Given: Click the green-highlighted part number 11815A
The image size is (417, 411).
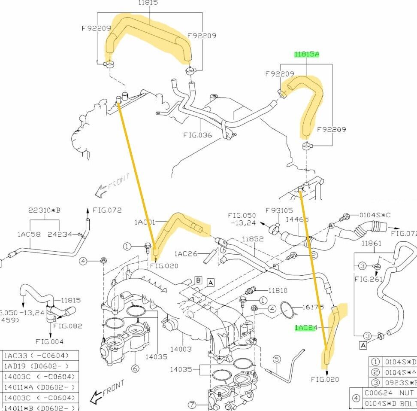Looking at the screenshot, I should click(307, 55).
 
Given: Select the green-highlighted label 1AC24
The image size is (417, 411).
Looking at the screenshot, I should click(305, 328).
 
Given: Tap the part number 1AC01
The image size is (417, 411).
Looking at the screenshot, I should click(144, 222).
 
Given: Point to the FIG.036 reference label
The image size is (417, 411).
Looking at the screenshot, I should click(198, 135).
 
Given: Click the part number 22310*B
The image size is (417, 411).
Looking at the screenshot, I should click(44, 210).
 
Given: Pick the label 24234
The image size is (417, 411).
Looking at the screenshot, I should click(60, 234).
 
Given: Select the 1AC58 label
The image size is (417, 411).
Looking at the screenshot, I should click(29, 234).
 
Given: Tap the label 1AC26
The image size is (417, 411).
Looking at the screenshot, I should click(186, 254).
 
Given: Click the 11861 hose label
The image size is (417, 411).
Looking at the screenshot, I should click(371, 244).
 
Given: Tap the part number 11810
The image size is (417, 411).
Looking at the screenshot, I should click(278, 291).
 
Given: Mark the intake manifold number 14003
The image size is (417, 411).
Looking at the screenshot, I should click(181, 350).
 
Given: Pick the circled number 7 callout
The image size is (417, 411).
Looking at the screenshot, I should click(191, 405).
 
